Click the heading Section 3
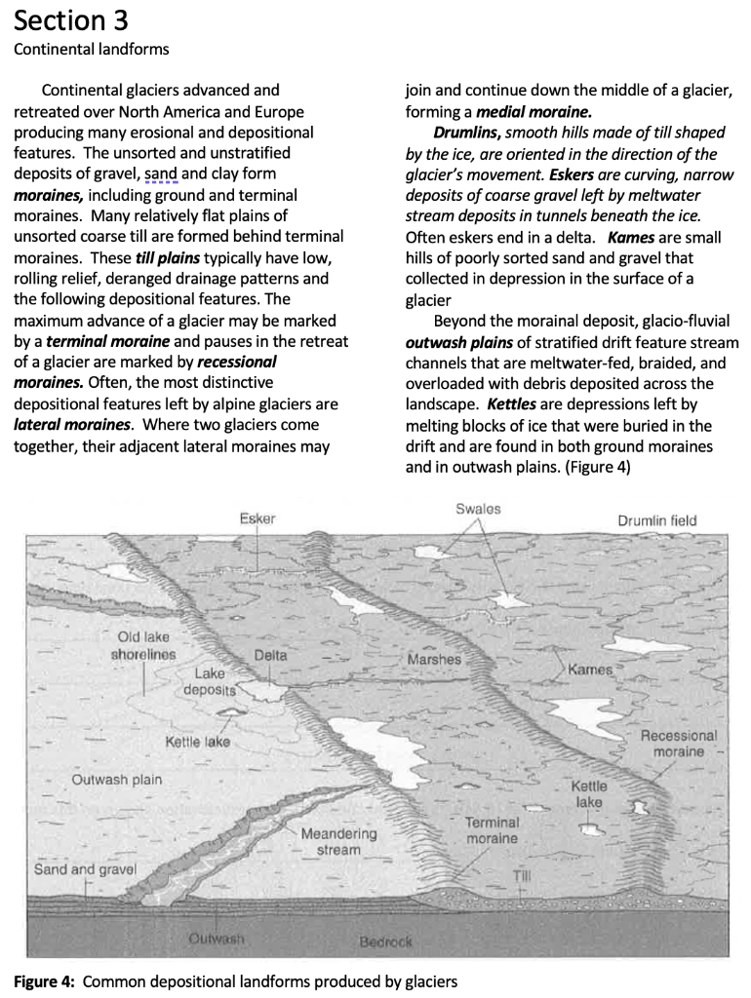pyautogui.click(x=70, y=19)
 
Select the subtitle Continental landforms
pyautogui.click(x=91, y=49)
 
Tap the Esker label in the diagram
pyautogui.click(x=257, y=519)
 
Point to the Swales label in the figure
pyautogui.click(x=478, y=509)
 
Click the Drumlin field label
pyautogui.click(x=656, y=520)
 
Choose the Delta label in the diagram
pyautogui.click(x=270, y=655)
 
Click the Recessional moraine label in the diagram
pyautogui.click(x=678, y=744)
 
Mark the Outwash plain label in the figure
pyautogui.click(x=117, y=780)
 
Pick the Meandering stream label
pyautogui.click(x=338, y=842)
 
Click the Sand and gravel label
pyautogui.click(x=85, y=868)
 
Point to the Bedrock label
pyautogui.click(x=386, y=942)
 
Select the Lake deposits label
pyautogui.click(x=210, y=682)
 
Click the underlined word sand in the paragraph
pyautogui.click(x=160, y=173)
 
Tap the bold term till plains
pyautogui.click(x=169, y=258)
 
